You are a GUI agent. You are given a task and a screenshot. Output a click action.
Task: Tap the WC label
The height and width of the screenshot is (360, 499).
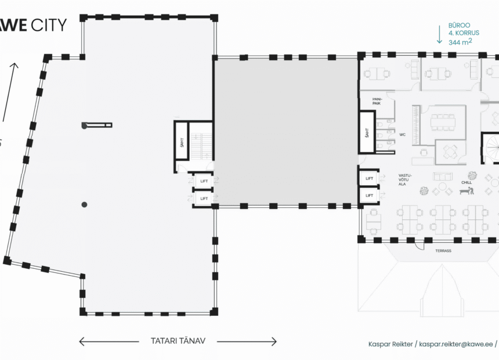[402, 135]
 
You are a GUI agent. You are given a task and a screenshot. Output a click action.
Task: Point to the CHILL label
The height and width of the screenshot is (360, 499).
[467, 182]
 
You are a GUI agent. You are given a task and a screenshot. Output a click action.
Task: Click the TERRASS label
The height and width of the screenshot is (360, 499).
[443, 251]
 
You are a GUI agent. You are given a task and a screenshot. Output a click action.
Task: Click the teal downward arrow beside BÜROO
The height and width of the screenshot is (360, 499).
[439, 35]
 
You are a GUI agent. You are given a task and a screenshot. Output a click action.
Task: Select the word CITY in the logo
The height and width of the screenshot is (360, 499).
[49, 24]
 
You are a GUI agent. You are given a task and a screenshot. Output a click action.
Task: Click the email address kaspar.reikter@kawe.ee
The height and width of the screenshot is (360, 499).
[457, 344]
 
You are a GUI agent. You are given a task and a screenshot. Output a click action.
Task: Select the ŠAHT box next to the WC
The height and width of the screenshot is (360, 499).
[367, 133]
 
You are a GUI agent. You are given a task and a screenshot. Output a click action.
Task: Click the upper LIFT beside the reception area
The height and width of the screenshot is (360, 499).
[369, 178]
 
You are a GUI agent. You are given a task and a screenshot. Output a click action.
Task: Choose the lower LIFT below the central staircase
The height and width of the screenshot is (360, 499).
[204, 199]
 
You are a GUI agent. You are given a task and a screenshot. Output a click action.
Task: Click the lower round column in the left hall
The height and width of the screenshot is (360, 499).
[84, 204]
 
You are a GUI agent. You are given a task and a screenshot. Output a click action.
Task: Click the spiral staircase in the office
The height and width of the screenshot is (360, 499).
[491, 148]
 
